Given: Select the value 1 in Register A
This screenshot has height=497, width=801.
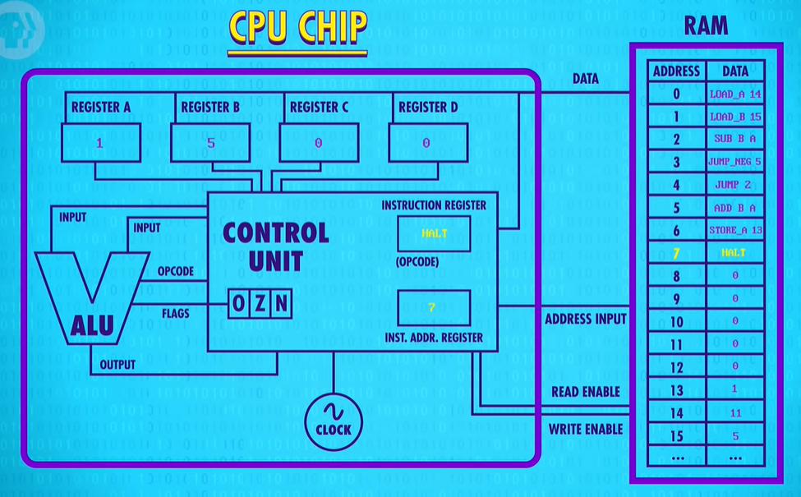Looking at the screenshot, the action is [x=99, y=143].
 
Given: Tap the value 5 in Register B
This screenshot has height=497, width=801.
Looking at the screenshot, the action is [x=210, y=143].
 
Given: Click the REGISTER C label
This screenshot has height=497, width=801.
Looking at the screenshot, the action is [x=319, y=108].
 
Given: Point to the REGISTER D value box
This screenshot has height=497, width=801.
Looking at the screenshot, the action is [x=428, y=142].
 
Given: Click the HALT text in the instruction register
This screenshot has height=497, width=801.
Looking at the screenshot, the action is [x=435, y=233].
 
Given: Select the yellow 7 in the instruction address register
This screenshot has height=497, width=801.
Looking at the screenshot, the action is [x=431, y=307].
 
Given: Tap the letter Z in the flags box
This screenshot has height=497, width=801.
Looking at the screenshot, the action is [x=260, y=303].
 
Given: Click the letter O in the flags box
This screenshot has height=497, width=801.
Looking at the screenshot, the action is [x=238, y=303].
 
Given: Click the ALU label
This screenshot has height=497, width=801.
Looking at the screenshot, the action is [x=92, y=326].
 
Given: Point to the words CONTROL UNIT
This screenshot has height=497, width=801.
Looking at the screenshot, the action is [x=276, y=246].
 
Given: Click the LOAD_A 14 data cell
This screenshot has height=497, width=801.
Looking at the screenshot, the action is [x=735, y=94].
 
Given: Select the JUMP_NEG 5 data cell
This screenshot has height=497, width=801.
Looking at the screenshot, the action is [x=735, y=162].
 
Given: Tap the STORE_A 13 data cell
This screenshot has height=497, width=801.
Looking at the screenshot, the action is [x=735, y=230].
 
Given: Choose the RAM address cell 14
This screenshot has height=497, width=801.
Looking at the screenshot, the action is [x=676, y=412].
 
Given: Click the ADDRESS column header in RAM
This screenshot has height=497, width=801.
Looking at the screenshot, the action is [x=676, y=71].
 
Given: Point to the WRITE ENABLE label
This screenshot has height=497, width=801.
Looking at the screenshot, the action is [x=586, y=429].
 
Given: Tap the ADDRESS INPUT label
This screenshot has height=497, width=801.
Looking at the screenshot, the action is [x=586, y=320].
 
